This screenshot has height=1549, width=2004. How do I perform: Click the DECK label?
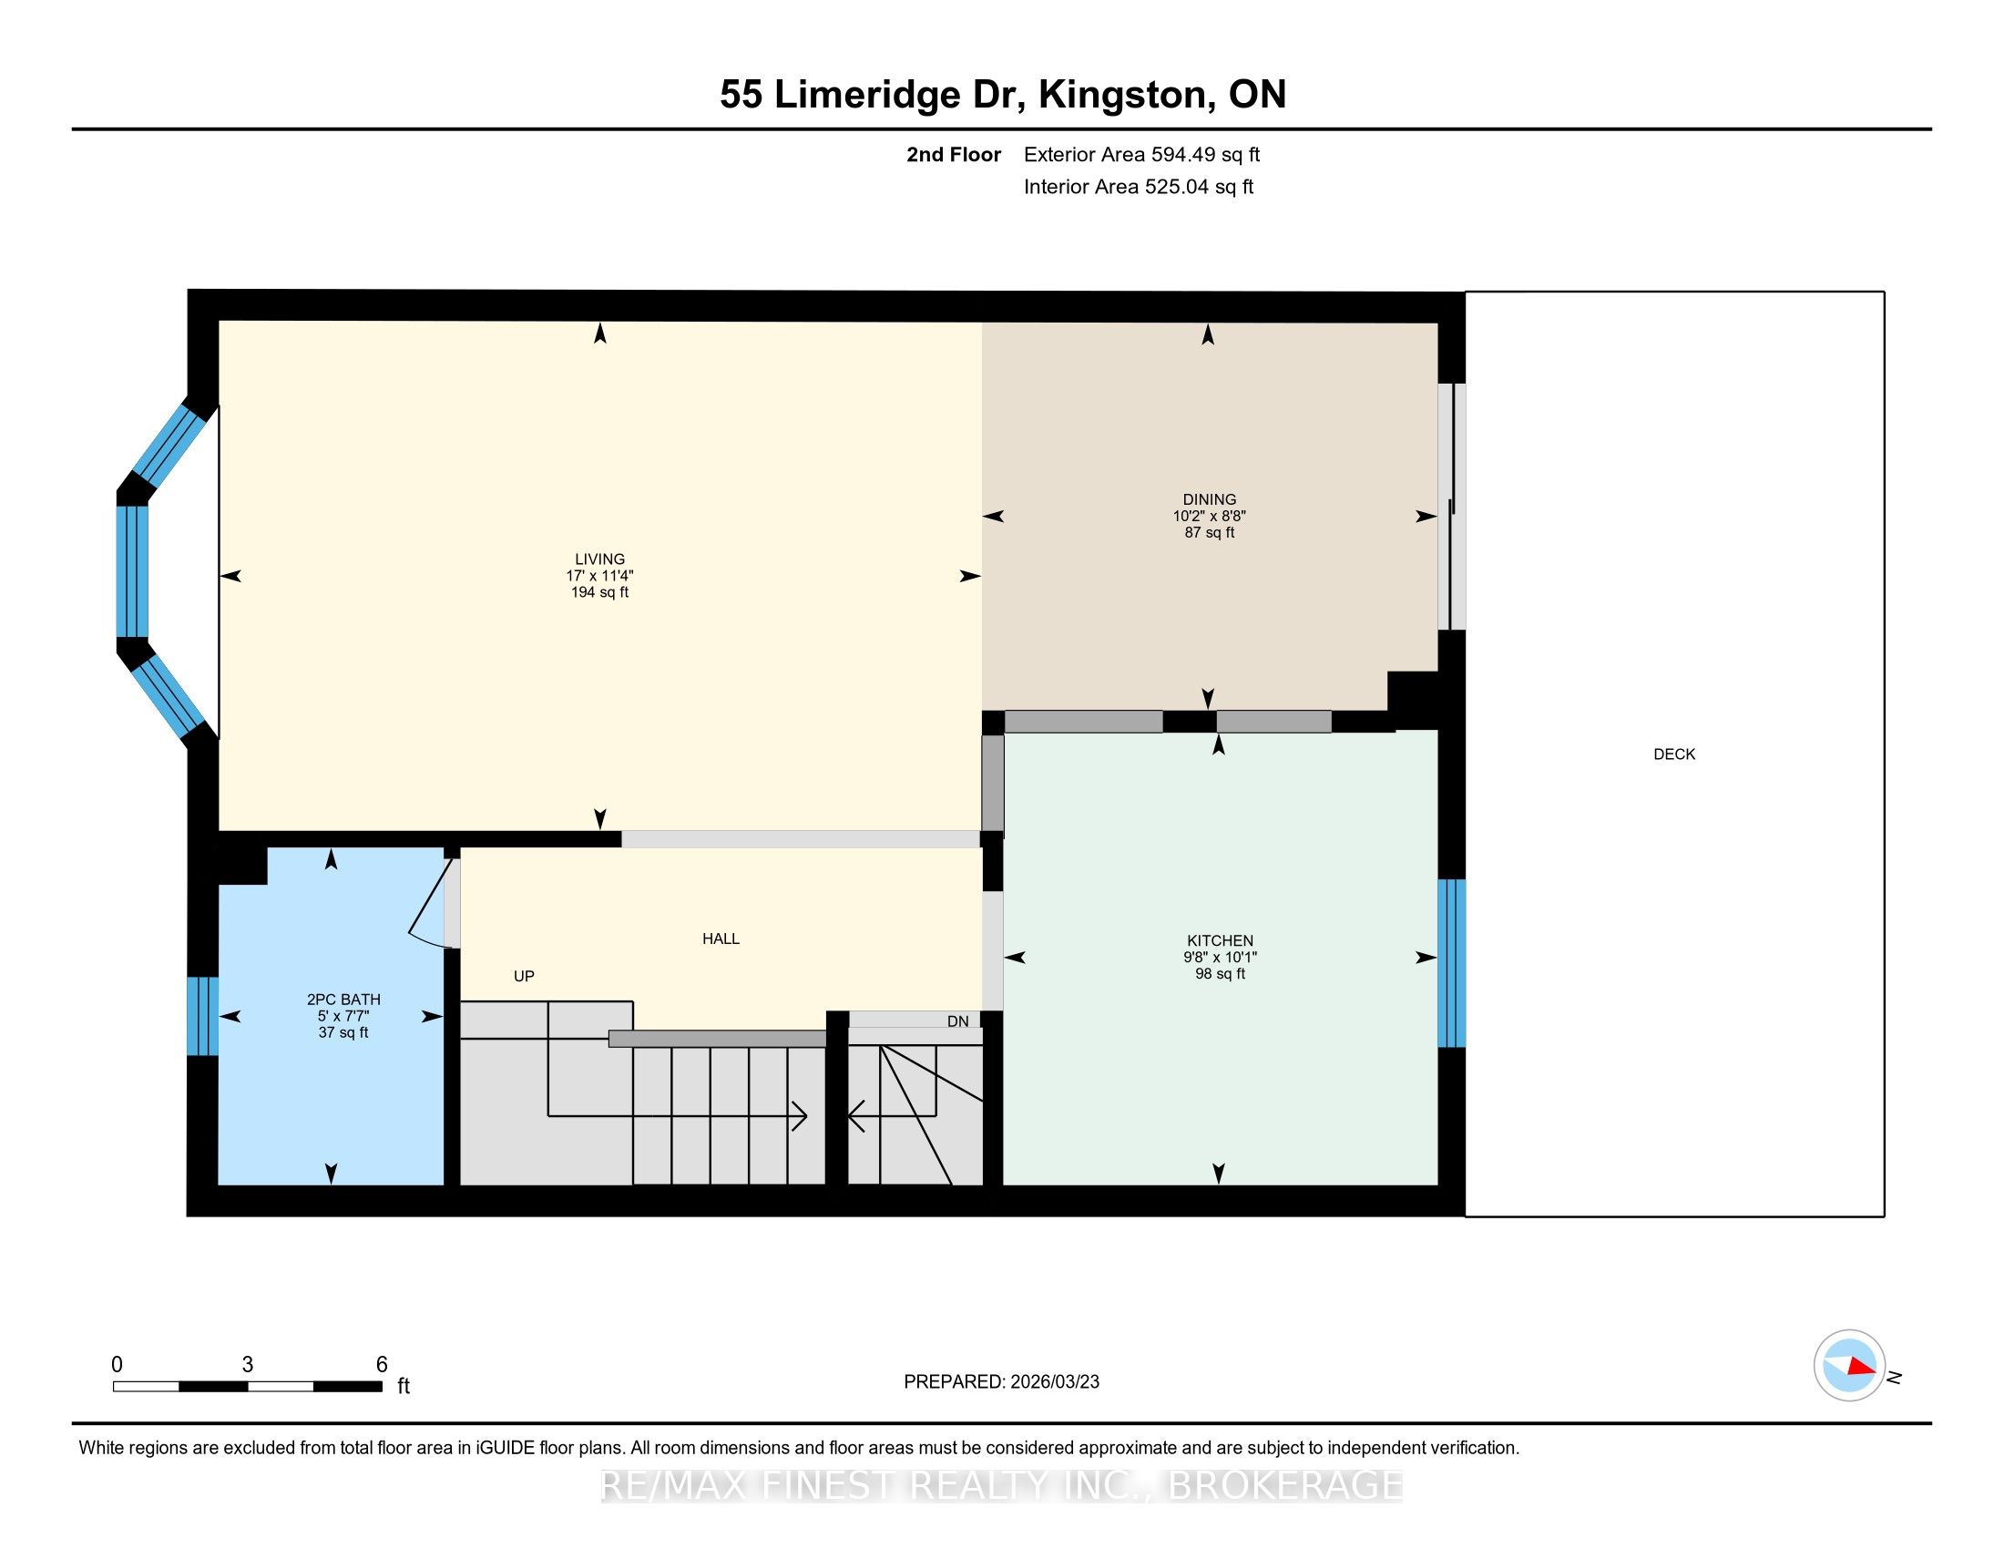pyautogui.click(x=1673, y=754)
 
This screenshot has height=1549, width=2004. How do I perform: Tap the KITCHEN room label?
pyautogui.click(x=1220, y=940)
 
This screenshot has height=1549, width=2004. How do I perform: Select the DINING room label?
pyautogui.click(x=1210, y=500)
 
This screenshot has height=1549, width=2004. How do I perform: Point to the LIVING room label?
pyautogui.click(x=599, y=559)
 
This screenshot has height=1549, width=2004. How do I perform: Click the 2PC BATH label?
pyautogui.click(x=343, y=1000)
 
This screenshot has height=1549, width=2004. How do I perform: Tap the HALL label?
pyautogui.click(x=721, y=939)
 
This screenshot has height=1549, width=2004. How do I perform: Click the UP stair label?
pyautogui.click(x=524, y=977)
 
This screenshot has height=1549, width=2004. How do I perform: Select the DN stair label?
pyautogui.click(x=958, y=1021)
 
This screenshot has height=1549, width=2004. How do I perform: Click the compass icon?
pyautogui.click(x=1849, y=1365)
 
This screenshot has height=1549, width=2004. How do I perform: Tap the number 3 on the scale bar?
pyautogui.click(x=248, y=1365)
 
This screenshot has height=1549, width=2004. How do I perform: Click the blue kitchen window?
pyautogui.click(x=1452, y=962)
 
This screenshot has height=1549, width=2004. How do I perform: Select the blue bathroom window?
pyautogui.click(x=203, y=1016)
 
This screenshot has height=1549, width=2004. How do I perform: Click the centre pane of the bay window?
pyautogui.click(x=132, y=570)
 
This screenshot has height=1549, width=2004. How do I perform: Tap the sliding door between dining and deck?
pyautogui.click(x=1452, y=507)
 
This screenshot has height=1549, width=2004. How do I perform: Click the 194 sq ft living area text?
pyautogui.click(x=599, y=593)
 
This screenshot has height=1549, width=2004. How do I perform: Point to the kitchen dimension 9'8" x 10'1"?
pyautogui.click(x=1220, y=957)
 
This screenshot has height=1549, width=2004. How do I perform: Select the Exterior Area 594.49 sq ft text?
pyautogui.click(x=1141, y=154)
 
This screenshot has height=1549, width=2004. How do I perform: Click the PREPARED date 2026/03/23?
pyautogui.click(x=1053, y=1382)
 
